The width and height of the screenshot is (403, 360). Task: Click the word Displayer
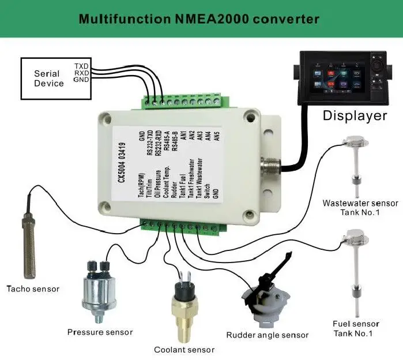pyautogui.click(x=354, y=115)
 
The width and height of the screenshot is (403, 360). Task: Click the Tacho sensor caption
pyautogui.click(x=32, y=288)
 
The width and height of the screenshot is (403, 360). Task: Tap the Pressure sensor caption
pyautogui.click(x=100, y=332)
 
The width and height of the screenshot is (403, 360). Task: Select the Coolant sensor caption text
pyautogui.click(x=184, y=350)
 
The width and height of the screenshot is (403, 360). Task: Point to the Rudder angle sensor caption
pyautogui.click(x=267, y=335)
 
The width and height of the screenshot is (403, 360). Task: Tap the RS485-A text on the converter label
pyautogui.click(x=167, y=141)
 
